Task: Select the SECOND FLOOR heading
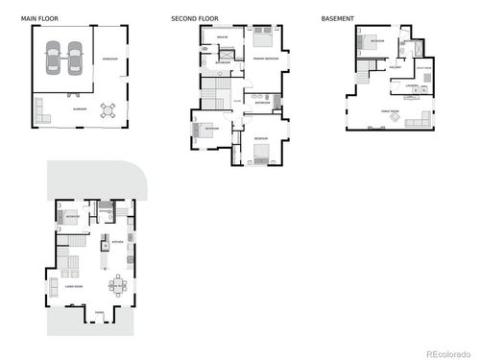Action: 195,18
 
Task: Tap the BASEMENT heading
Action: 337,18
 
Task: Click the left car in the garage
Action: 53,60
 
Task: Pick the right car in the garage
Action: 74,60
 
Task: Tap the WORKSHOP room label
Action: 110,60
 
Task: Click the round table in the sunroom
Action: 110,108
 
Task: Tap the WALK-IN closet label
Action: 222,36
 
